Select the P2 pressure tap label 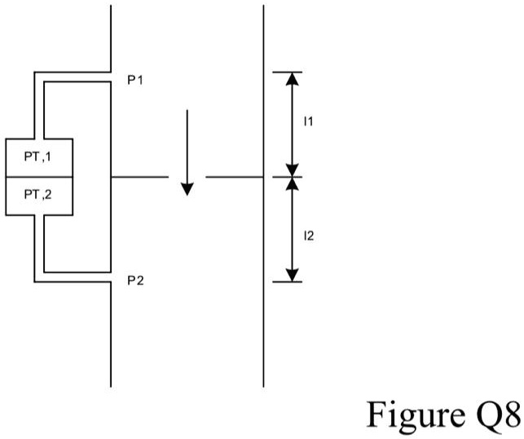pos(135,281)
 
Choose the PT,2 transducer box pos(39,195)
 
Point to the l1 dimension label pos(309,122)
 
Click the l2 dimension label pos(309,236)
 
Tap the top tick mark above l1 pos(287,72)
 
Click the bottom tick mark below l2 pos(287,282)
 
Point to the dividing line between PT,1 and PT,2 pos(39,177)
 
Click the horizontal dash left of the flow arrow pos(139,177)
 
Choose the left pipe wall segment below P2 pos(111,334)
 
